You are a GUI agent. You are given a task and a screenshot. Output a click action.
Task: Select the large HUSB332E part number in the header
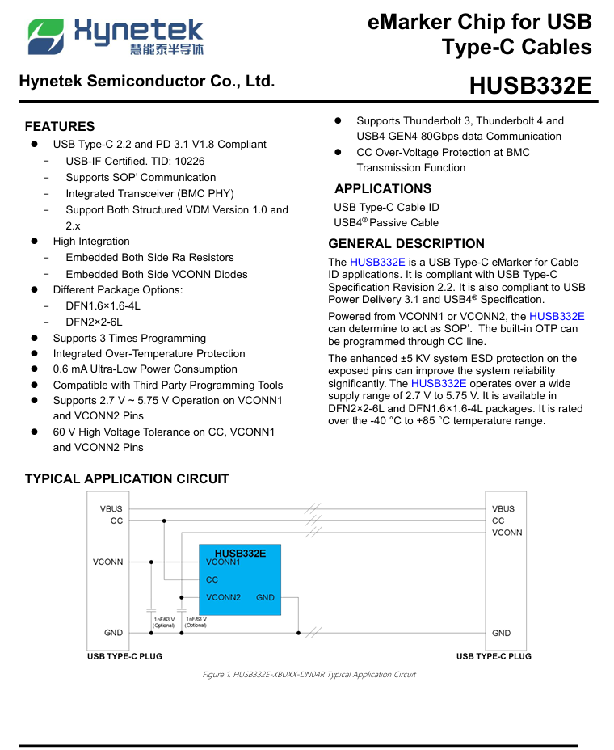click(530, 86)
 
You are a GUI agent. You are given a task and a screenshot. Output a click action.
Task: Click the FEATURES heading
click(60, 126)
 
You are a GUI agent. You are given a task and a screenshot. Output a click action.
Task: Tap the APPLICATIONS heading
click(383, 188)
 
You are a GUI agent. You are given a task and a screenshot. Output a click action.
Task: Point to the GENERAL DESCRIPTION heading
click(406, 243)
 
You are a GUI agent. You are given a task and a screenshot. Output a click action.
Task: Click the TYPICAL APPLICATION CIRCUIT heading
click(127, 478)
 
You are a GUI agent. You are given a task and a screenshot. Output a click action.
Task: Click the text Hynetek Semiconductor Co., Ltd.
click(146, 82)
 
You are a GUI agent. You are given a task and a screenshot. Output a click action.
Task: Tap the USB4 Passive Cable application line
click(386, 222)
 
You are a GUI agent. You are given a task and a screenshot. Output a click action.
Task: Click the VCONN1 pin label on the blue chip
click(223, 562)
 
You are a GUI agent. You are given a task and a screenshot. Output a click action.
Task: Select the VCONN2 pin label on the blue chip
click(223, 597)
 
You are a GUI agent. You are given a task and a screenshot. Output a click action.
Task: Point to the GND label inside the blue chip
click(265, 598)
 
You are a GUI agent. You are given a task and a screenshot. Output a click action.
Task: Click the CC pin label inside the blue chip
click(212, 579)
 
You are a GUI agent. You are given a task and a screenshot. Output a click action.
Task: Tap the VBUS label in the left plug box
click(111, 508)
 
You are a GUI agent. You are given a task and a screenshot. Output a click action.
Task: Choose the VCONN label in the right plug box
click(507, 533)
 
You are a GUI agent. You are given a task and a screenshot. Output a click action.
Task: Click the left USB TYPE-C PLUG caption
click(124, 656)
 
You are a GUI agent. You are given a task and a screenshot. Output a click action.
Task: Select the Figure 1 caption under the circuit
click(309, 674)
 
